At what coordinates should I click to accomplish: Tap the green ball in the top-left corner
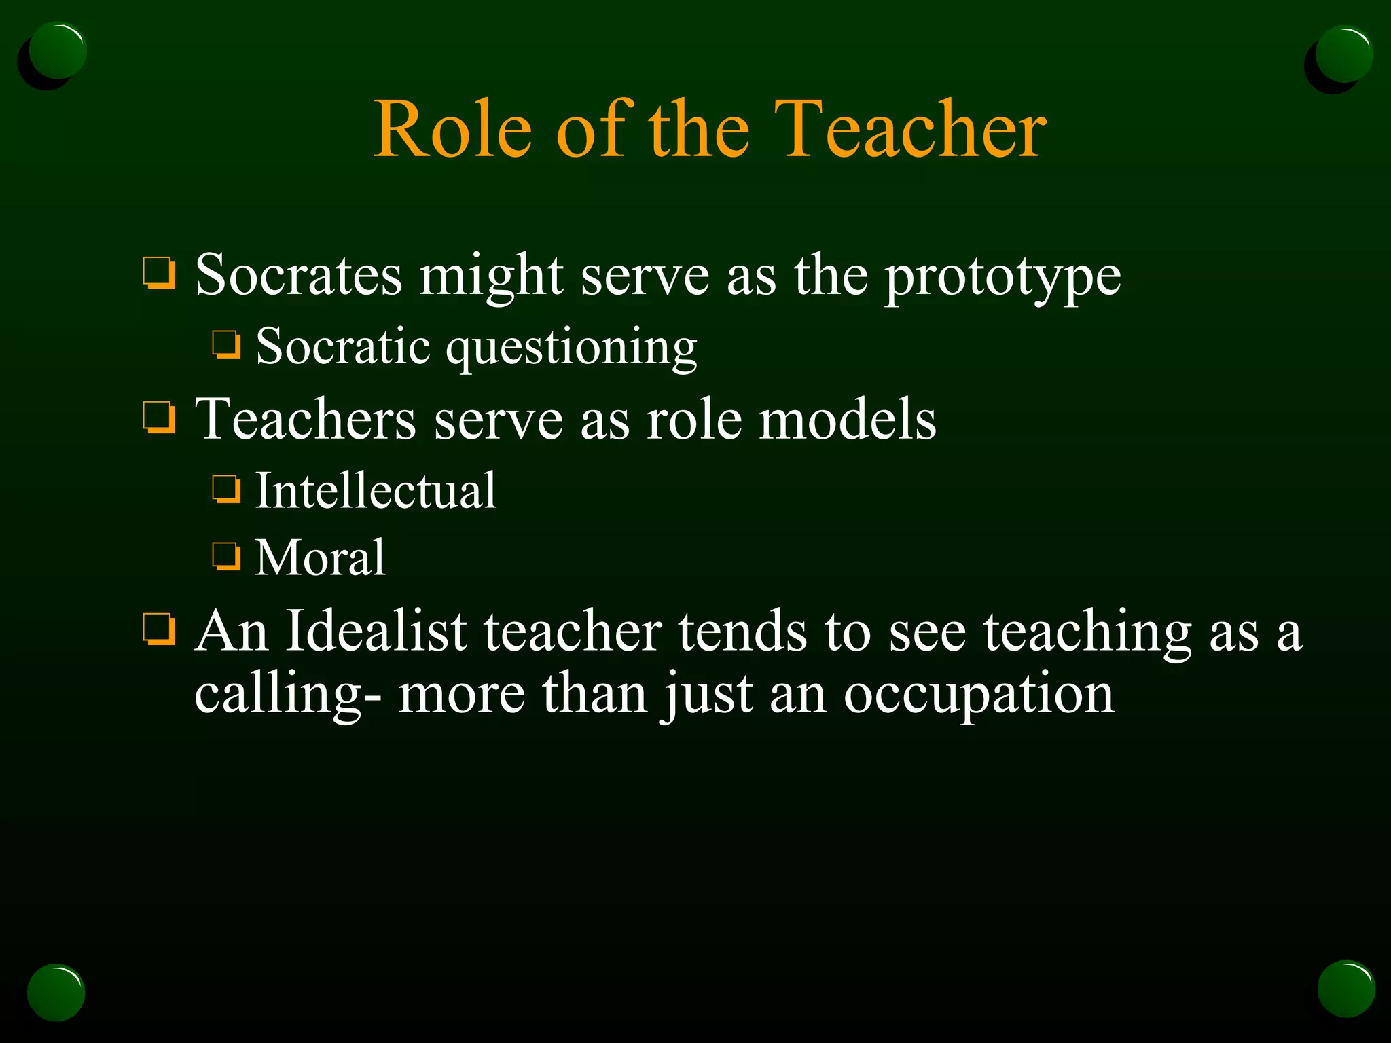tap(57, 52)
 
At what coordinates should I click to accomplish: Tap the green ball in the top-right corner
tap(1343, 54)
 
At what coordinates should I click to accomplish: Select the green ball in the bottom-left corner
tap(56, 992)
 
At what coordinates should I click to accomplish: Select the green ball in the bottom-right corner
tap(1345, 989)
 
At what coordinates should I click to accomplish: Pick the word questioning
tap(571, 348)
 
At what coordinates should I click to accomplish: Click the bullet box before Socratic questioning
tap(226, 344)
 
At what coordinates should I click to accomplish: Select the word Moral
tap(320, 557)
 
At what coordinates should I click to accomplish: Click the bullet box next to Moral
tap(226, 556)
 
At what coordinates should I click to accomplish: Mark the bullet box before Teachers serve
tap(160, 417)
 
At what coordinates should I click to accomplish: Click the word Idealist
tap(376, 632)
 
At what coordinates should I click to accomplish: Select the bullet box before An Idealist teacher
tap(160, 629)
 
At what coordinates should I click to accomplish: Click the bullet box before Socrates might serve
tap(160, 273)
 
